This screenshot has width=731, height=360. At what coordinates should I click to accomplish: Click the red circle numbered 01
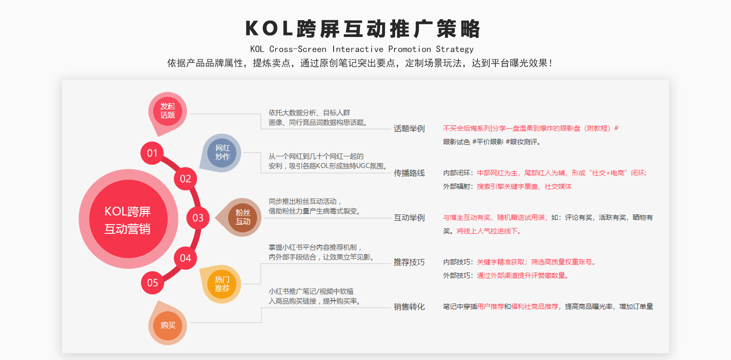pyautogui.click(x=152, y=153)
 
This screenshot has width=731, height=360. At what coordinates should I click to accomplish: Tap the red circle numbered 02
pyautogui.click(x=185, y=179)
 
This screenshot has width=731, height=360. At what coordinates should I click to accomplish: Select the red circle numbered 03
pyautogui.click(x=198, y=218)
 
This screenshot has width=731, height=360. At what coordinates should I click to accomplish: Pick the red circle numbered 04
pyautogui.click(x=185, y=258)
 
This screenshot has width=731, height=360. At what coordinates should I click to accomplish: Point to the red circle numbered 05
pyautogui.click(x=152, y=283)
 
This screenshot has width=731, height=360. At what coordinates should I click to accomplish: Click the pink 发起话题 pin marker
pyautogui.click(x=168, y=112)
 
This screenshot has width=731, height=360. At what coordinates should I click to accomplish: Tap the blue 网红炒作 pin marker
pyautogui.click(x=222, y=153)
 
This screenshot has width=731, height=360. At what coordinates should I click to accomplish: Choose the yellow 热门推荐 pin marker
pyautogui.click(x=222, y=284)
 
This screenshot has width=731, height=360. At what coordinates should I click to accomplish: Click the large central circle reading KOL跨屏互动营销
pyautogui.click(x=128, y=219)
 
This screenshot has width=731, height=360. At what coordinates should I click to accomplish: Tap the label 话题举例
pyautogui.click(x=409, y=129)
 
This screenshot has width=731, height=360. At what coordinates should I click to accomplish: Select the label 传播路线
pyautogui.click(x=409, y=173)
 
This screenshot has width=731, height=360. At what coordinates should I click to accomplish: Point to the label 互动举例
pyautogui.click(x=409, y=218)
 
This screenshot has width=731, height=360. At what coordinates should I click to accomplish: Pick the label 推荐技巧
pyautogui.click(x=409, y=262)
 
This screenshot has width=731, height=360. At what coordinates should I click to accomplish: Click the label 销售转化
pyautogui.click(x=409, y=307)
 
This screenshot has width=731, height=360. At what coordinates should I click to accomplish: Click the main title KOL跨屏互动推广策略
pyautogui.click(x=363, y=29)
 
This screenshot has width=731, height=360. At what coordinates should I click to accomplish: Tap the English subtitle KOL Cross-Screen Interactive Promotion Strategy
pyautogui.click(x=362, y=49)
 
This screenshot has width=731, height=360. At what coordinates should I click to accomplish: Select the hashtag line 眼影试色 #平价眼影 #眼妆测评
pyautogui.click(x=492, y=142)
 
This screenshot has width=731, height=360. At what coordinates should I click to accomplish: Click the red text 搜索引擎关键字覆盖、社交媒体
pyautogui.click(x=524, y=187)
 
